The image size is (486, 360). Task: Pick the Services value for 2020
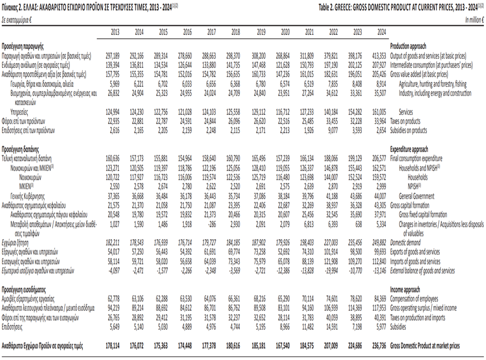pos(282,112)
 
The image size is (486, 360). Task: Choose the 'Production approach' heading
pos(409,47)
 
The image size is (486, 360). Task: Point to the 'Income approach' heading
pos(404,289)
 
